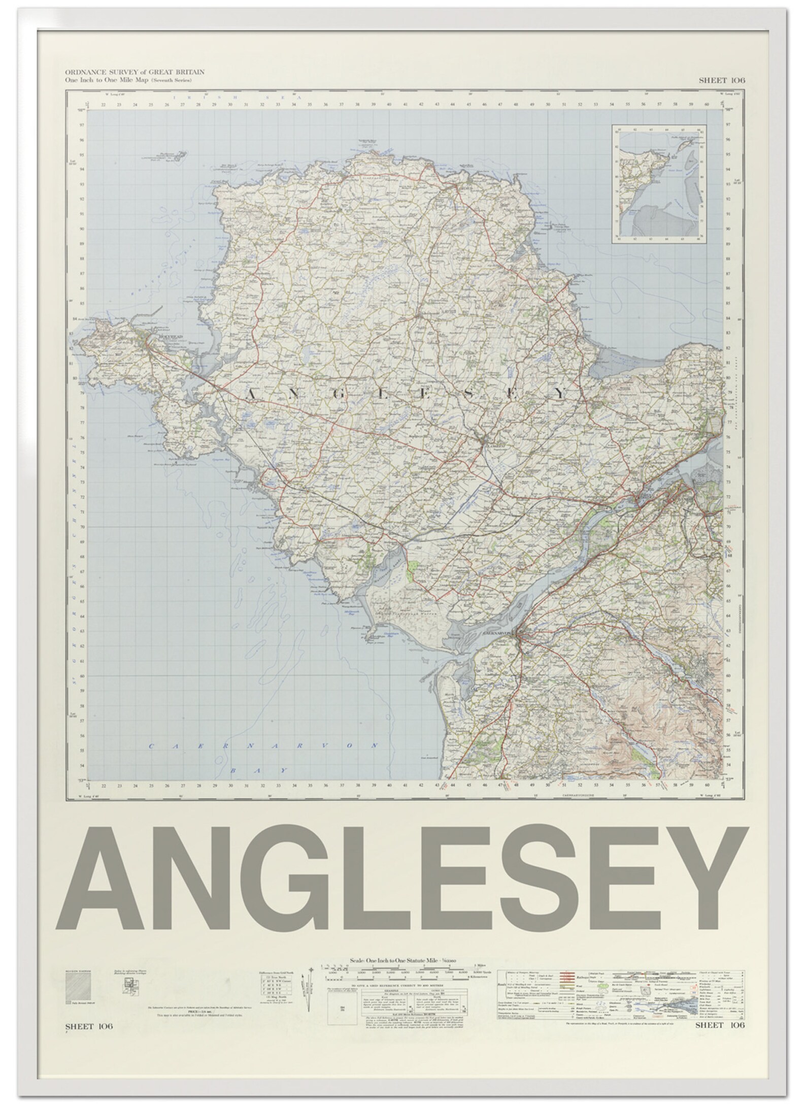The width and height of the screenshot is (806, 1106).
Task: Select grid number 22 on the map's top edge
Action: pos(103,106)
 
